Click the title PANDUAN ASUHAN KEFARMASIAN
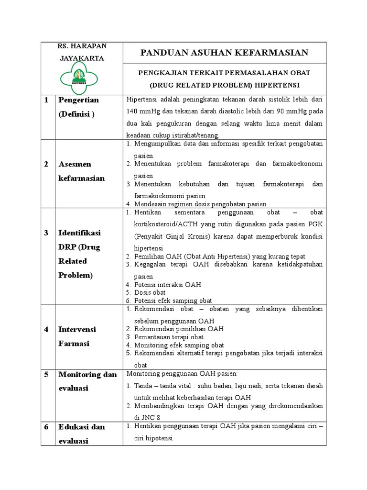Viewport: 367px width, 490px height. [224, 52]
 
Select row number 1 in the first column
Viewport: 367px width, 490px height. [46, 100]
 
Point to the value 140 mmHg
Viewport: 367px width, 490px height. [142, 111]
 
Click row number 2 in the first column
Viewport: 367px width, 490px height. [46, 164]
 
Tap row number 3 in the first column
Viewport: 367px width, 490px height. [46, 233]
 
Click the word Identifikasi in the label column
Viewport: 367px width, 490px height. [79, 233]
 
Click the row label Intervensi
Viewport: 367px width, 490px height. [77, 330]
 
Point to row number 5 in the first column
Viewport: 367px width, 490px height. [46, 375]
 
